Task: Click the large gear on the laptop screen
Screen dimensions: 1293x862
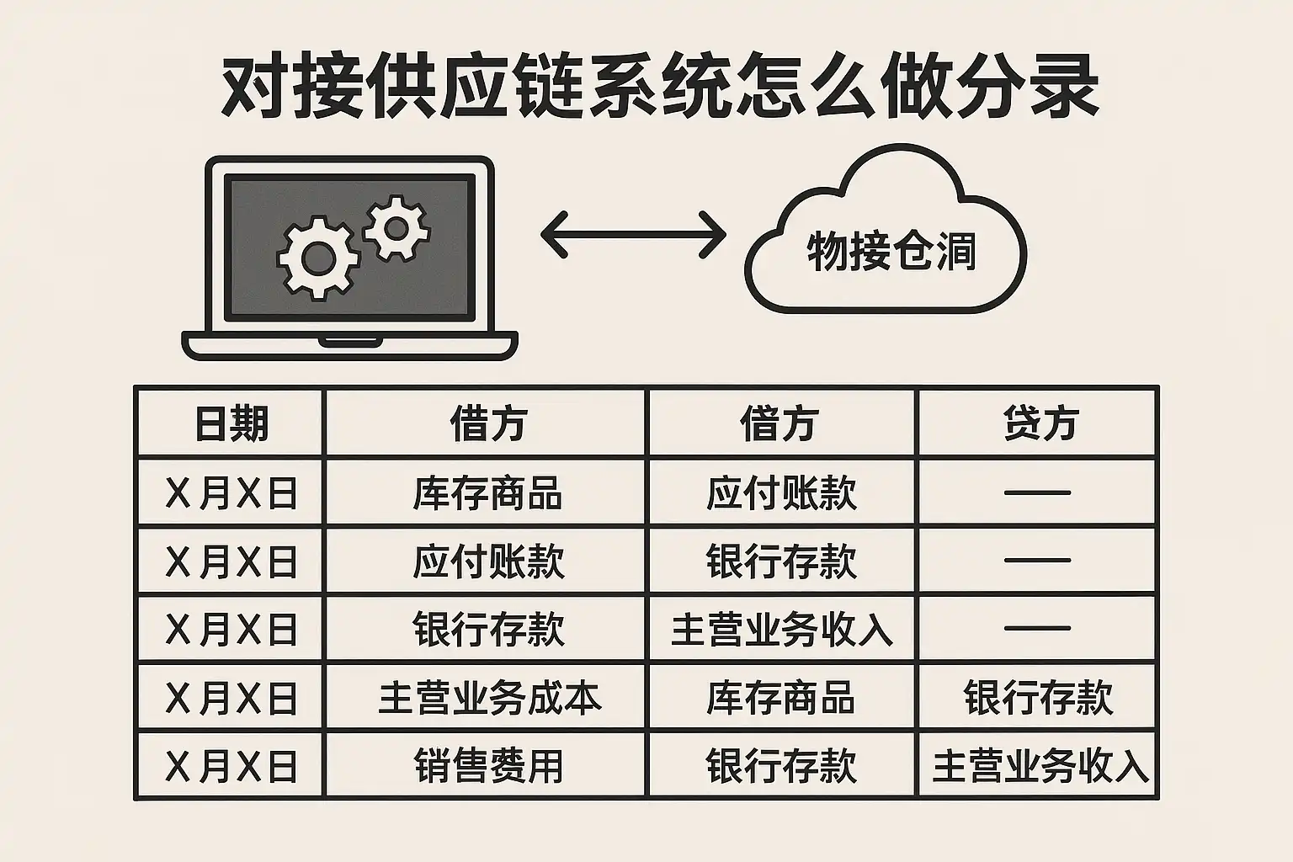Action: pyautogui.click(x=318, y=258)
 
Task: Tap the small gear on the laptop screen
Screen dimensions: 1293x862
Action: pyautogui.click(x=396, y=229)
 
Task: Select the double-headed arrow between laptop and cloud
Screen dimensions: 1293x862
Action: pyautogui.click(x=633, y=234)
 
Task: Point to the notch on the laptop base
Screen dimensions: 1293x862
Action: pyautogui.click(x=350, y=341)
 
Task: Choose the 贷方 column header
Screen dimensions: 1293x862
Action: pyautogui.click(x=1040, y=423)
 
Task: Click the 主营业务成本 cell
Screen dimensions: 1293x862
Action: pyautogui.click(x=490, y=698)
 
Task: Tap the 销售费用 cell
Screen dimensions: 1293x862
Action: pyautogui.click(x=489, y=765)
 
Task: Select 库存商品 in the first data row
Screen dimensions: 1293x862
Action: pyautogui.click(x=487, y=493)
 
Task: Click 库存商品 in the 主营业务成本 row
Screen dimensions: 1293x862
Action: pyautogui.click(x=780, y=698)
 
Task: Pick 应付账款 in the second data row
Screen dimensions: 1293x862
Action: pyautogui.click(x=489, y=561)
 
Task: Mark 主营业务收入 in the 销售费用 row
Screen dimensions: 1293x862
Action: pyautogui.click(x=1040, y=765)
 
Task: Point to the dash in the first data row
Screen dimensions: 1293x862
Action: pyautogui.click(x=1038, y=492)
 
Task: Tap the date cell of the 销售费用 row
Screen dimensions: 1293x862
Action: pyautogui.click(x=231, y=766)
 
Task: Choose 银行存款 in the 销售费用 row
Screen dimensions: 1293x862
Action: pyautogui.click(x=781, y=765)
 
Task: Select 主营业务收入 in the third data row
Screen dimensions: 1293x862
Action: pyautogui.click(x=782, y=630)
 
